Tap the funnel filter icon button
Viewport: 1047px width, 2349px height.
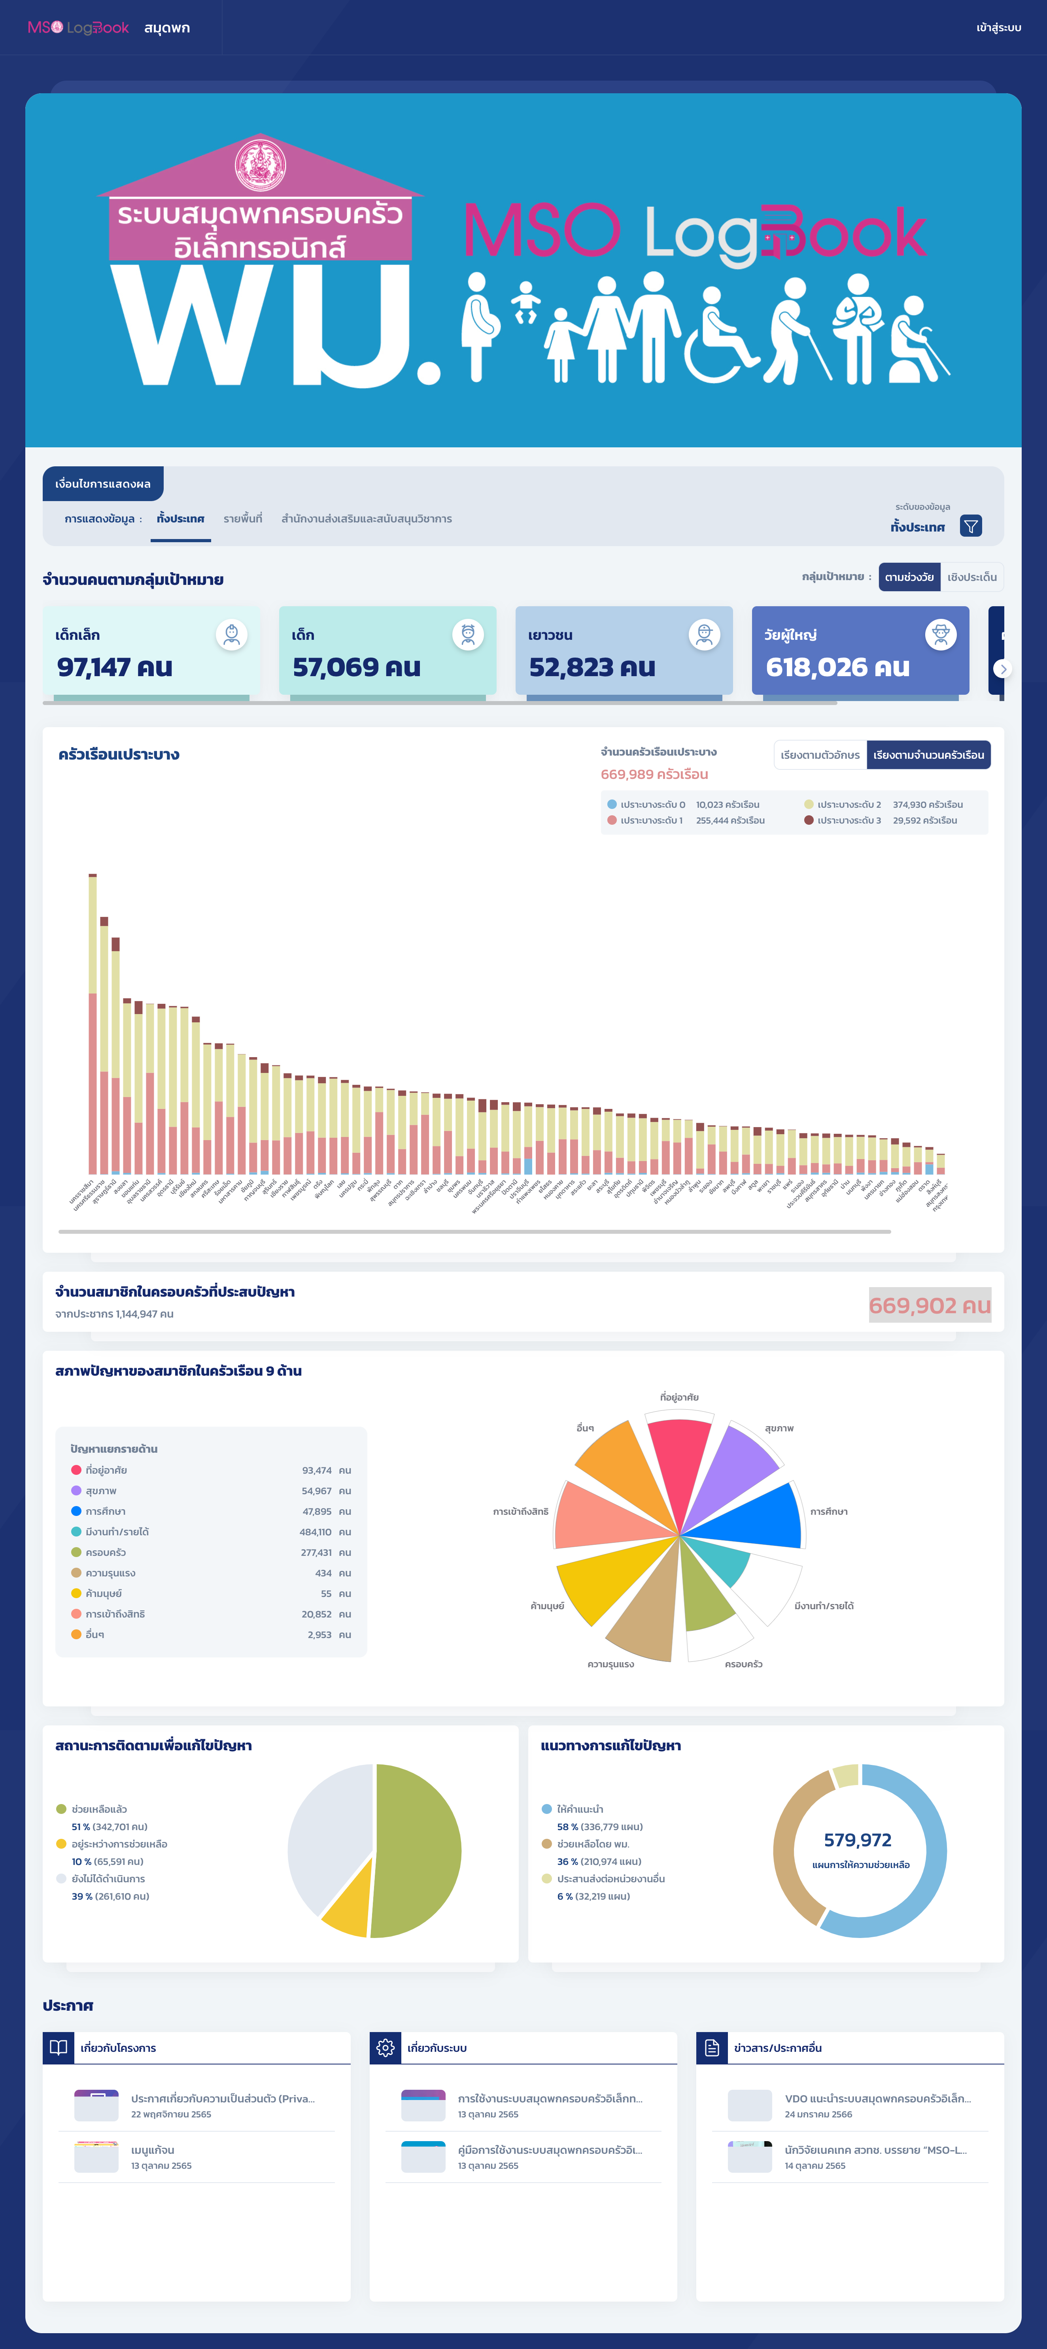pyautogui.click(x=970, y=526)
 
